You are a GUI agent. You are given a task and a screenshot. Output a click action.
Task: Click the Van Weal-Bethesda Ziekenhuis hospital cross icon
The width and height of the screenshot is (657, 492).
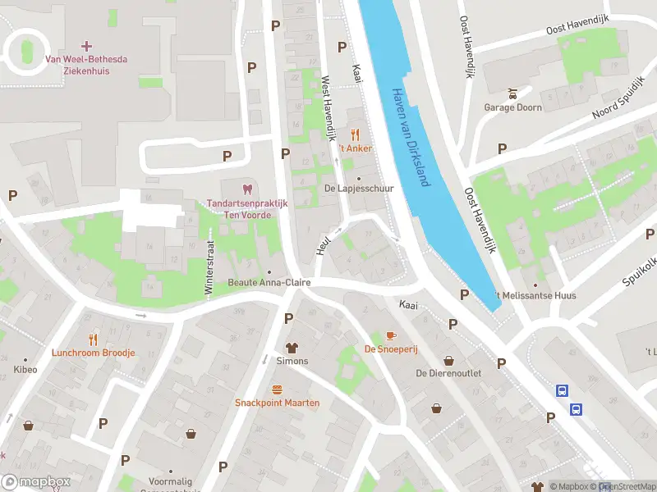[x=87, y=45]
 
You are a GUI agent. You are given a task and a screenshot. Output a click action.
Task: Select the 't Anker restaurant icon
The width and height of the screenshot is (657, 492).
[x=356, y=134]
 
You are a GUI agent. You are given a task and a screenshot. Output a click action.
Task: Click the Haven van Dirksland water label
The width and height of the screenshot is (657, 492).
[x=410, y=137]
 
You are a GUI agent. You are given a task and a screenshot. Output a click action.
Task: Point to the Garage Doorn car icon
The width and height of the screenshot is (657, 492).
[x=512, y=93]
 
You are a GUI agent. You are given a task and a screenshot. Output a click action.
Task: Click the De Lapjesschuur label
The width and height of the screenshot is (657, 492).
[x=359, y=188]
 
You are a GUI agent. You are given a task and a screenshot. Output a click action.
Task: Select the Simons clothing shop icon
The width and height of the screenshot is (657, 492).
[x=292, y=348]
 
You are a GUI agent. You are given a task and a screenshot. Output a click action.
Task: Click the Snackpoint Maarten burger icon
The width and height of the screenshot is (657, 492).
[x=277, y=389]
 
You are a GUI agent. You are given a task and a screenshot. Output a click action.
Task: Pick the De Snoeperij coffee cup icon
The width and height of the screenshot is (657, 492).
[x=391, y=335]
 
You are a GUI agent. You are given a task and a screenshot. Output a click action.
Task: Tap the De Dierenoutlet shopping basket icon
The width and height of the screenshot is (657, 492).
[x=448, y=360]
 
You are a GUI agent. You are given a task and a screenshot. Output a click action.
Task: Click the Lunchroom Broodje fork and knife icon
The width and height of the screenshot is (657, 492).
[x=93, y=339]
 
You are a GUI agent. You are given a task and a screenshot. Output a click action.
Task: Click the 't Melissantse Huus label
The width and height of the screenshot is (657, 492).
[x=535, y=295]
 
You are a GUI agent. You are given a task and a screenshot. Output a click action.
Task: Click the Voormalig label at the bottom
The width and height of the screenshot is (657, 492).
[x=170, y=482]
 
